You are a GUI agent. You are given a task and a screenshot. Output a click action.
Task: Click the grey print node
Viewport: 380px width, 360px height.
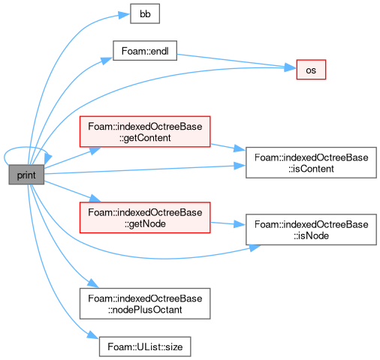click(x=26, y=175)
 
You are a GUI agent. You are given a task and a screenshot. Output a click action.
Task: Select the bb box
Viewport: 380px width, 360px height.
click(x=145, y=13)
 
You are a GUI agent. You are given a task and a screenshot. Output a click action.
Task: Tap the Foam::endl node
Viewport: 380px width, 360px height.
click(x=145, y=51)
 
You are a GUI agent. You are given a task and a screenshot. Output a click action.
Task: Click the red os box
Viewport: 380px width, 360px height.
click(x=311, y=70)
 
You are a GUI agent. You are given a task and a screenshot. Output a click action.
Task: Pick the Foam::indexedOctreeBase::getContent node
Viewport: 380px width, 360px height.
click(x=145, y=131)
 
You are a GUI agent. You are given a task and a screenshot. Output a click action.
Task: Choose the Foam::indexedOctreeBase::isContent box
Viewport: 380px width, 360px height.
click(x=311, y=163)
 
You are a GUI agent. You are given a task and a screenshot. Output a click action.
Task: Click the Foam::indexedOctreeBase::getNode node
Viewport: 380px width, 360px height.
click(x=145, y=217)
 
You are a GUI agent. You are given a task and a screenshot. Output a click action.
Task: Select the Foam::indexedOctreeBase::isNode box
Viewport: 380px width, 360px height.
click(x=311, y=229)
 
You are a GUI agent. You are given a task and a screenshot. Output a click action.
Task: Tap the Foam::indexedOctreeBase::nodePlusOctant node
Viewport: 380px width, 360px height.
click(x=145, y=304)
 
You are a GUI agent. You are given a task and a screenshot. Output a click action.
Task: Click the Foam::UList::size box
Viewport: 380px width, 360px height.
click(x=145, y=346)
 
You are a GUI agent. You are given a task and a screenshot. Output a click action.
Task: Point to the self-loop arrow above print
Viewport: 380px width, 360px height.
click(x=25, y=148)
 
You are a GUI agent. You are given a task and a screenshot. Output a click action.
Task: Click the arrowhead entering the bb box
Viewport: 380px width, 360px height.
click(x=124, y=15)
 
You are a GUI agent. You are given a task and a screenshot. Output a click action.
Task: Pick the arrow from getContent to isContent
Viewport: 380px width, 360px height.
click(x=228, y=148)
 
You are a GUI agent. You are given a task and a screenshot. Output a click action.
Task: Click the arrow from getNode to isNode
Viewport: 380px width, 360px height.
click(x=228, y=223)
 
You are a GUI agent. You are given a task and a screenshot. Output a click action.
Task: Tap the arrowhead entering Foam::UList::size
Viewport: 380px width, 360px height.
click(x=93, y=335)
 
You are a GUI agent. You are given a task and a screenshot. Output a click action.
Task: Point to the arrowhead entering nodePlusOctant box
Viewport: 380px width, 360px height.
click(x=93, y=283)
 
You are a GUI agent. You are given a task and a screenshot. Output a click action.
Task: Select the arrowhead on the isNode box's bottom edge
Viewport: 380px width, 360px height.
click(x=255, y=247)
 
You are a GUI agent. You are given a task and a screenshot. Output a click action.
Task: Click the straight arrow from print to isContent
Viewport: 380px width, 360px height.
click(x=145, y=169)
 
